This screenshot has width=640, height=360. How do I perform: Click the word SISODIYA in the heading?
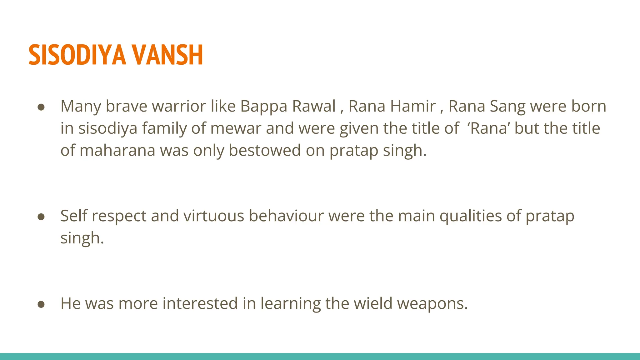(77, 55)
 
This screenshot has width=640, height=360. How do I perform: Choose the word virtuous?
(213, 216)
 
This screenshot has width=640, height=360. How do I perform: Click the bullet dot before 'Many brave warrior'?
(41, 107)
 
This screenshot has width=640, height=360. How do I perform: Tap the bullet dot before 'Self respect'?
(41, 217)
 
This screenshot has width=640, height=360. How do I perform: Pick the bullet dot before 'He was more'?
(41, 304)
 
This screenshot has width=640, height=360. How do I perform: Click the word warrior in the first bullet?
(179, 106)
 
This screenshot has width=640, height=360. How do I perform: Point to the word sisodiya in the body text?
(108, 128)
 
